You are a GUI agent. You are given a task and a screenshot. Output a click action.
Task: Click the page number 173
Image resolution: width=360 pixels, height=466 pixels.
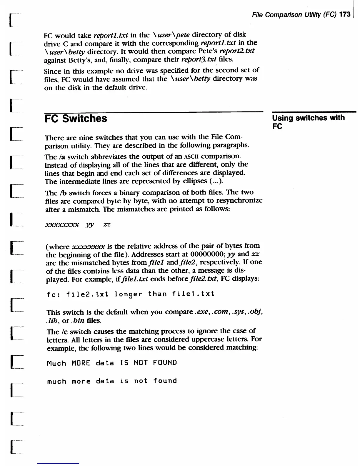click(345, 15)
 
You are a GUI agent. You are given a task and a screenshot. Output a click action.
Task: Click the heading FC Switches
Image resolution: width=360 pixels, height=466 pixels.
click(76, 119)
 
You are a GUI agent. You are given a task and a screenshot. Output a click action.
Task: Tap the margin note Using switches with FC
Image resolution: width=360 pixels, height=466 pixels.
click(308, 122)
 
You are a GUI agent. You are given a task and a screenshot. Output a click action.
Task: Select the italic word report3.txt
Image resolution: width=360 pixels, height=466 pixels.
click(199, 59)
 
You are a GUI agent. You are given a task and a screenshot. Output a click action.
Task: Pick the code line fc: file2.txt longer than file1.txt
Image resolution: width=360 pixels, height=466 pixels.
click(131, 294)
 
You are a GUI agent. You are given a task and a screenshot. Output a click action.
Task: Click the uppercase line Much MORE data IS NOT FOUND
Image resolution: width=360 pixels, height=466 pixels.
click(112, 363)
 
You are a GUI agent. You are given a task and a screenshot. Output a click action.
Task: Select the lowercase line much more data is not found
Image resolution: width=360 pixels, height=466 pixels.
click(112, 381)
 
